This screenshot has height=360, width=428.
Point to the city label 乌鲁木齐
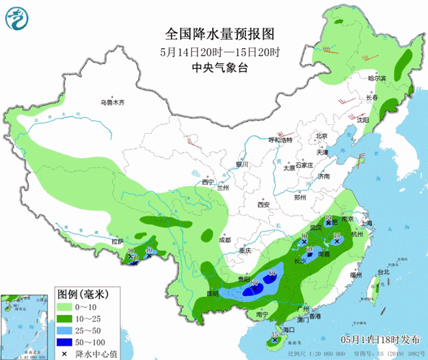pos(112,103)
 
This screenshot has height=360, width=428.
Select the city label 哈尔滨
pos(377,78)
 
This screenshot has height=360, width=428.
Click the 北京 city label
pos(321,136)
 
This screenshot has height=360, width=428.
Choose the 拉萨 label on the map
pos(118,242)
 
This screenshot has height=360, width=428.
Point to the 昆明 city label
pos(211,293)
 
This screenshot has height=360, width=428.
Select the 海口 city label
pos(290,328)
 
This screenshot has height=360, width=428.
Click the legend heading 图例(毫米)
pos(82,293)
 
